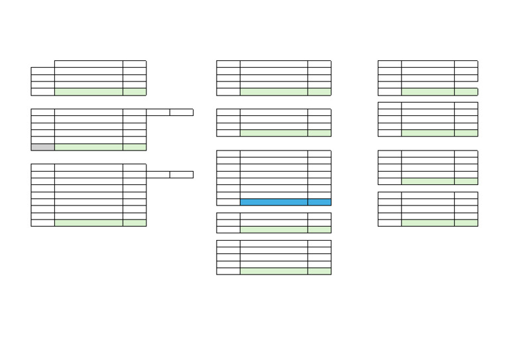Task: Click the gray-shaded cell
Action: tap(42, 147)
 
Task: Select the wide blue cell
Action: tap(274, 202)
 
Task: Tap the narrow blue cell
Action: tap(319, 202)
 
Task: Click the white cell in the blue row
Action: tap(228, 202)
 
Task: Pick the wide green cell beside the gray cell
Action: tap(89, 147)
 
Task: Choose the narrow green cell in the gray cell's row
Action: tap(135, 147)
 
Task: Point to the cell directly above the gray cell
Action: tap(42, 140)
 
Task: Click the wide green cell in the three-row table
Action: tap(274, 229)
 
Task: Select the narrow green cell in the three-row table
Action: tap(319, 229)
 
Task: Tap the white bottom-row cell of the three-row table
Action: tap(228, 229)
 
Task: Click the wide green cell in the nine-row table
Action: tap(89, 223)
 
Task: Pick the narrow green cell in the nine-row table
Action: tap(135, 223)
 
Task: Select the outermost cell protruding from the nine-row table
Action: tap(182, 174)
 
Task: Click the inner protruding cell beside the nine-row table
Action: tap(158, 174)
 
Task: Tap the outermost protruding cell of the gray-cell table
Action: tap(182, 113)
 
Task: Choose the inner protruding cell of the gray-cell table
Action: tap(158, 113)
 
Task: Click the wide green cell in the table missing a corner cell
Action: tap(89, 91)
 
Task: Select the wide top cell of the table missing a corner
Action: tap(89, 64)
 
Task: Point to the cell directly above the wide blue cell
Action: tap(274, 195)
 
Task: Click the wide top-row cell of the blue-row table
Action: tap(274, 154)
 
